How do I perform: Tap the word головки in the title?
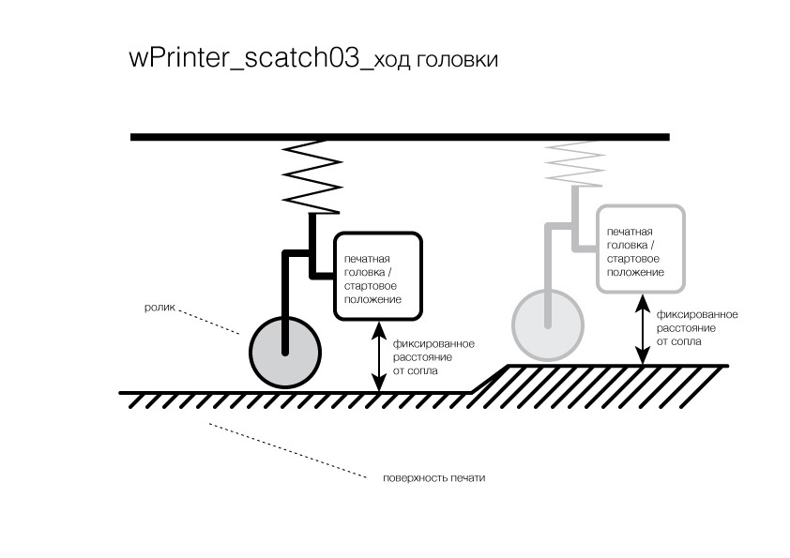(458, 59)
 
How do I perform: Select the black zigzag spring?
(311, 176)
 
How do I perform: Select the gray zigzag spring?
(575, 164)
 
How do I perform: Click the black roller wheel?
(285, 353)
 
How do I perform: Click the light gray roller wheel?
(548, 324)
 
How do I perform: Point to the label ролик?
(160, 308)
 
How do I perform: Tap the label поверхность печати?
(433, 478)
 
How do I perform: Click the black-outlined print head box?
(378, 276)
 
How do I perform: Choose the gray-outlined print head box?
(641, 249)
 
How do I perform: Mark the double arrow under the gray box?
(642, 329)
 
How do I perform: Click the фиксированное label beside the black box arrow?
(433, 344)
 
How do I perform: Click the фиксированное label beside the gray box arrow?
(697, 315)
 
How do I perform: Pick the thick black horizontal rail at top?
(400, 137)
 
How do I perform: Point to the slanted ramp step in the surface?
(490, 379)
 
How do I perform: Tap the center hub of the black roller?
(285, 353)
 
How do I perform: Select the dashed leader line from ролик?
(209, 323)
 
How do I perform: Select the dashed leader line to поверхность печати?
(286, 450)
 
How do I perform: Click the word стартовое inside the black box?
(371, 286)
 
